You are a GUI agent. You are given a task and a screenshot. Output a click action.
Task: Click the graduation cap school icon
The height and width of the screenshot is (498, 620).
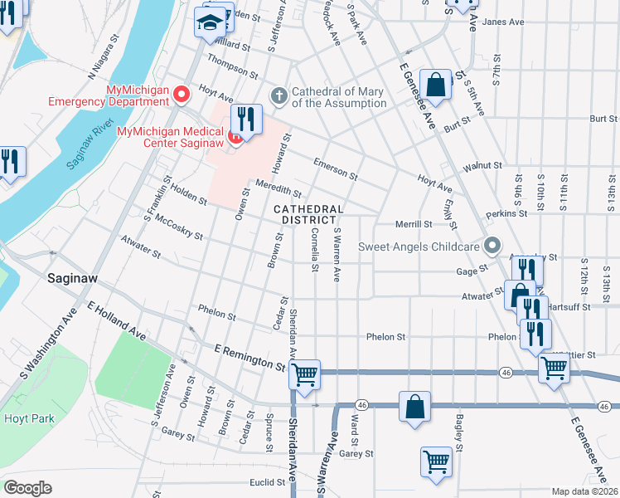pyautogui.click(x=210, y=22)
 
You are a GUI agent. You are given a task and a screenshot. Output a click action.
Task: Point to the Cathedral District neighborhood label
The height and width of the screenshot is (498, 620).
pyautogui.click(x=308, y=214)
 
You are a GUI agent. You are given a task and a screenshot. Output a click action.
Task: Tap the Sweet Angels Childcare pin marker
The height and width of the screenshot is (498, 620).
pyautogui.click(x=493, y=246)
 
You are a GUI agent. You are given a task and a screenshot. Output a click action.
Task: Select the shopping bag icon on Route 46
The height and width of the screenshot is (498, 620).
pyautogui.click(x=414, y=407)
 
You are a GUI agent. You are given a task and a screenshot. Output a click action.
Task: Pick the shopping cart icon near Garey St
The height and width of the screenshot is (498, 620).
pyautogui.click(x=436, y=461)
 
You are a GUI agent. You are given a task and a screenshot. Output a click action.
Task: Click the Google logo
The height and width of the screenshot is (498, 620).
pyautogui.click(x=28, y=487)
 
